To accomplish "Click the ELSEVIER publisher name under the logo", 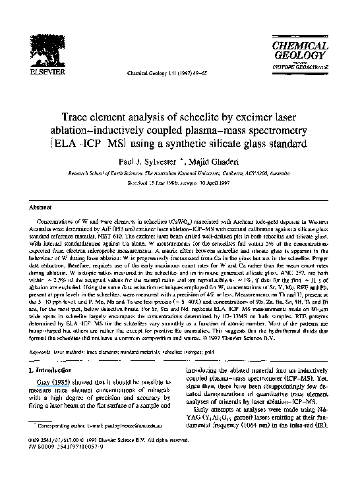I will tap(30, 74).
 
